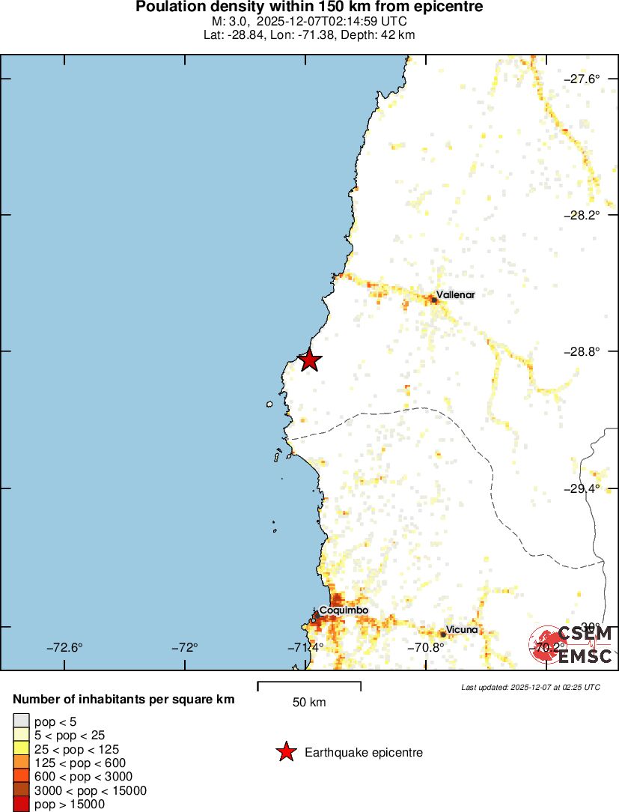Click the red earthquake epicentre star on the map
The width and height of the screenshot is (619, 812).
pos(310,360)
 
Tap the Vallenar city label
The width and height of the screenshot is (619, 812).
pos(455,294)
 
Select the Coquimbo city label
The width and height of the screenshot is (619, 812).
pos(344,610)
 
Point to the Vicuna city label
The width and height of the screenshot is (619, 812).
pos(462,629)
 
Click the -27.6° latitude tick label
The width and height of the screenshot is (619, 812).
pos(581,79)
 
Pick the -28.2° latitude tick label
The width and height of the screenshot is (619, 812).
pos(581,215)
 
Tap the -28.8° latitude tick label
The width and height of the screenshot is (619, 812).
pos(581,351)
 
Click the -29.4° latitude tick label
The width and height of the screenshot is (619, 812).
pos(581,488)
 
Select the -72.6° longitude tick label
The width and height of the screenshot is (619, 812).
pos(64,648)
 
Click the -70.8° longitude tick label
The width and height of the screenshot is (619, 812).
pos(426,648)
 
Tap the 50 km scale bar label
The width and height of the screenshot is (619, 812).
pos(309,703)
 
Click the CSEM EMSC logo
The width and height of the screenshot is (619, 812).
pos(573,644)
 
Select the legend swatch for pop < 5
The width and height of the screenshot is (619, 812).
pos(21,721)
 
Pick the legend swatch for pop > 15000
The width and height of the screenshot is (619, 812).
pos(21,805)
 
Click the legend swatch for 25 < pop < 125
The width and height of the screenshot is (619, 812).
pos(21,749)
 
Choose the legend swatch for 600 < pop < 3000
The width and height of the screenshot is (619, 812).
pos(21,777)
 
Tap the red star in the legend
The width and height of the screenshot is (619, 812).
pos(286,752)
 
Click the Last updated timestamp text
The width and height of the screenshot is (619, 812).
pos(530,687)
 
